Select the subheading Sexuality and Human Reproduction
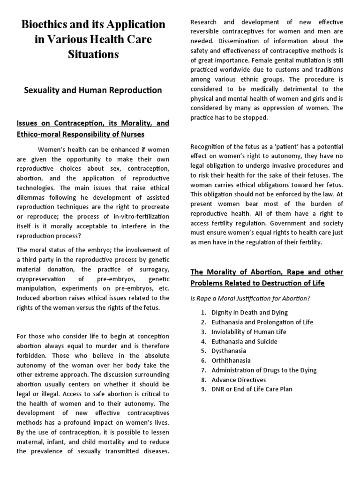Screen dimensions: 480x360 pos(93,90)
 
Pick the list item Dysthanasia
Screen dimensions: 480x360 pos(228,351)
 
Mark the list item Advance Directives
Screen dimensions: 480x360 pos(238,380)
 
